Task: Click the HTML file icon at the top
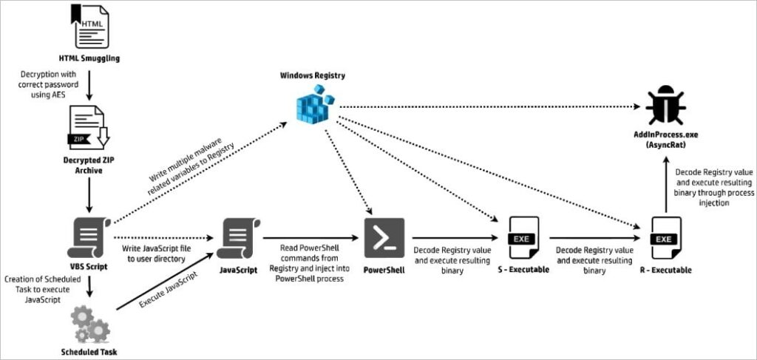[89, 27]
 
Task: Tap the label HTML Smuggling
[89, 57]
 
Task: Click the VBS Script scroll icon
[89, 238]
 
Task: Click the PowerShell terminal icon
[384, 238]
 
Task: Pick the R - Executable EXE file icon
[663, 238]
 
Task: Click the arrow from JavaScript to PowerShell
[310, 238]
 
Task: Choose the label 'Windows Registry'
[313, 76]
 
